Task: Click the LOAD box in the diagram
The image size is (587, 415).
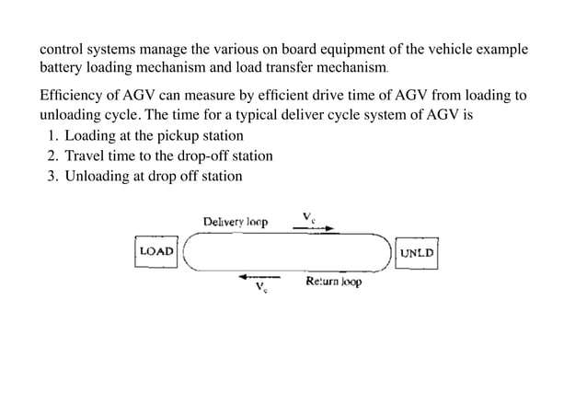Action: pyautogui.click(x=156, y=251)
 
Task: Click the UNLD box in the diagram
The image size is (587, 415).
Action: pyautogui.click(x=417, y=251)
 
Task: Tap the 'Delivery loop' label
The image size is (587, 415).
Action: pyautogui.click(x=236, y=222)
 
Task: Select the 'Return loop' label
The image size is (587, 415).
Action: pyautogui.click(x=333, y=282)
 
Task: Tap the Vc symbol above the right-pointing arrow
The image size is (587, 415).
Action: pyautogui.click(x=310, y=217)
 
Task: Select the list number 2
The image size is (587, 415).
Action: pyautogui.click(x=52, y=156)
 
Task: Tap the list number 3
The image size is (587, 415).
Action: pyautogui.click(x=52, y=176)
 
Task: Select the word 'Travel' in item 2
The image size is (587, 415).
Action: pyautogui.click(x=85, y=156)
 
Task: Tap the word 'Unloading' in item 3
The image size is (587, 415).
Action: pyautogui.click(x=96, y=176)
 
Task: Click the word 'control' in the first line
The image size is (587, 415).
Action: pyautogui.click(x=61, y=49)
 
